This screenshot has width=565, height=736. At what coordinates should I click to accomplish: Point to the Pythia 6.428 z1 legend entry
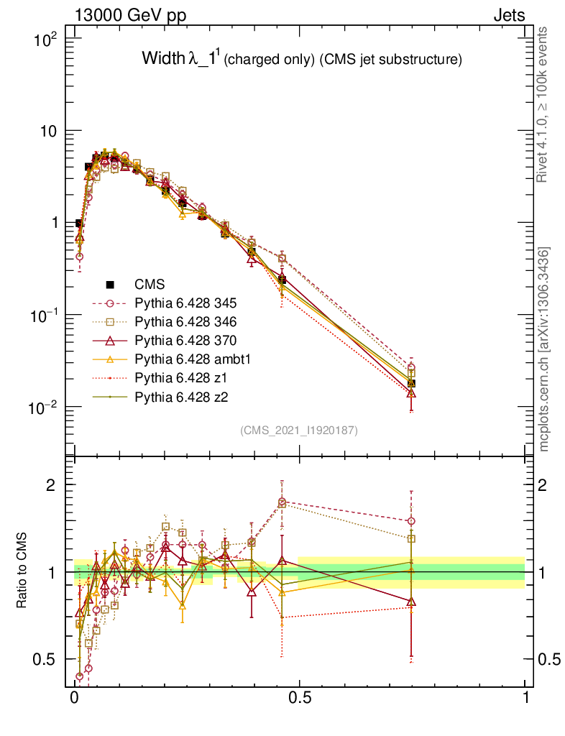point(183,377)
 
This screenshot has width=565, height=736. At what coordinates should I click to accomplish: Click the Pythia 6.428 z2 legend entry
point(183,396)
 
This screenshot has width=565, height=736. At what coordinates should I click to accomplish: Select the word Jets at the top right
point(508,15)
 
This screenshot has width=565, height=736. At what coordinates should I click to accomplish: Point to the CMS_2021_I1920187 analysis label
point(299,430)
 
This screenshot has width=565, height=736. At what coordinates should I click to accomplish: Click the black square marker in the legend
point(110,284)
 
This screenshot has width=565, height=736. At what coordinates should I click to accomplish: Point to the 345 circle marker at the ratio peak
point(282,502)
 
